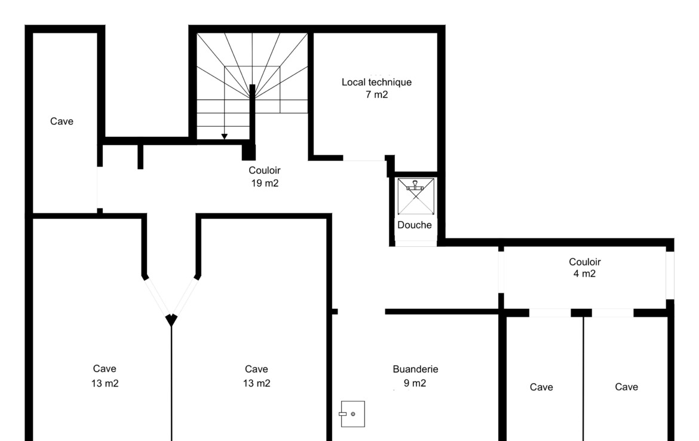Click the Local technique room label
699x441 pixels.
point(377,82)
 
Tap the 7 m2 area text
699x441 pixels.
point(377,94)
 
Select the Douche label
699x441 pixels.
point(415,225)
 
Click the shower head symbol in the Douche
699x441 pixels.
point(415,185)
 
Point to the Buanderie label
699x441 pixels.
point(415,369)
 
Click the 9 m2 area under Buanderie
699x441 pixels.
point(415,383)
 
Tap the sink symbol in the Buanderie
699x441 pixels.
point(352,414)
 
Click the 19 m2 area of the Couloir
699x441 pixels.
point(265,183)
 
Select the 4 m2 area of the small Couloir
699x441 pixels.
point(584,274)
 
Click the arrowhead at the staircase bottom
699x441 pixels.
point(224,136)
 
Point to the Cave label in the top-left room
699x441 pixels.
point(62,121)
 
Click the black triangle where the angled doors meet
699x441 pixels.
point(171,319)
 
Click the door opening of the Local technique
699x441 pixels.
point(364,158)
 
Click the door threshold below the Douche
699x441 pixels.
point(415,243)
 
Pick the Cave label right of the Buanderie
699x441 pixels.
point(541,387)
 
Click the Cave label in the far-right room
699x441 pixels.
point(626,387)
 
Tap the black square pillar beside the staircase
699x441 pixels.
point(249,152)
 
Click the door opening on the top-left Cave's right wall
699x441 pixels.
point(100,187)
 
